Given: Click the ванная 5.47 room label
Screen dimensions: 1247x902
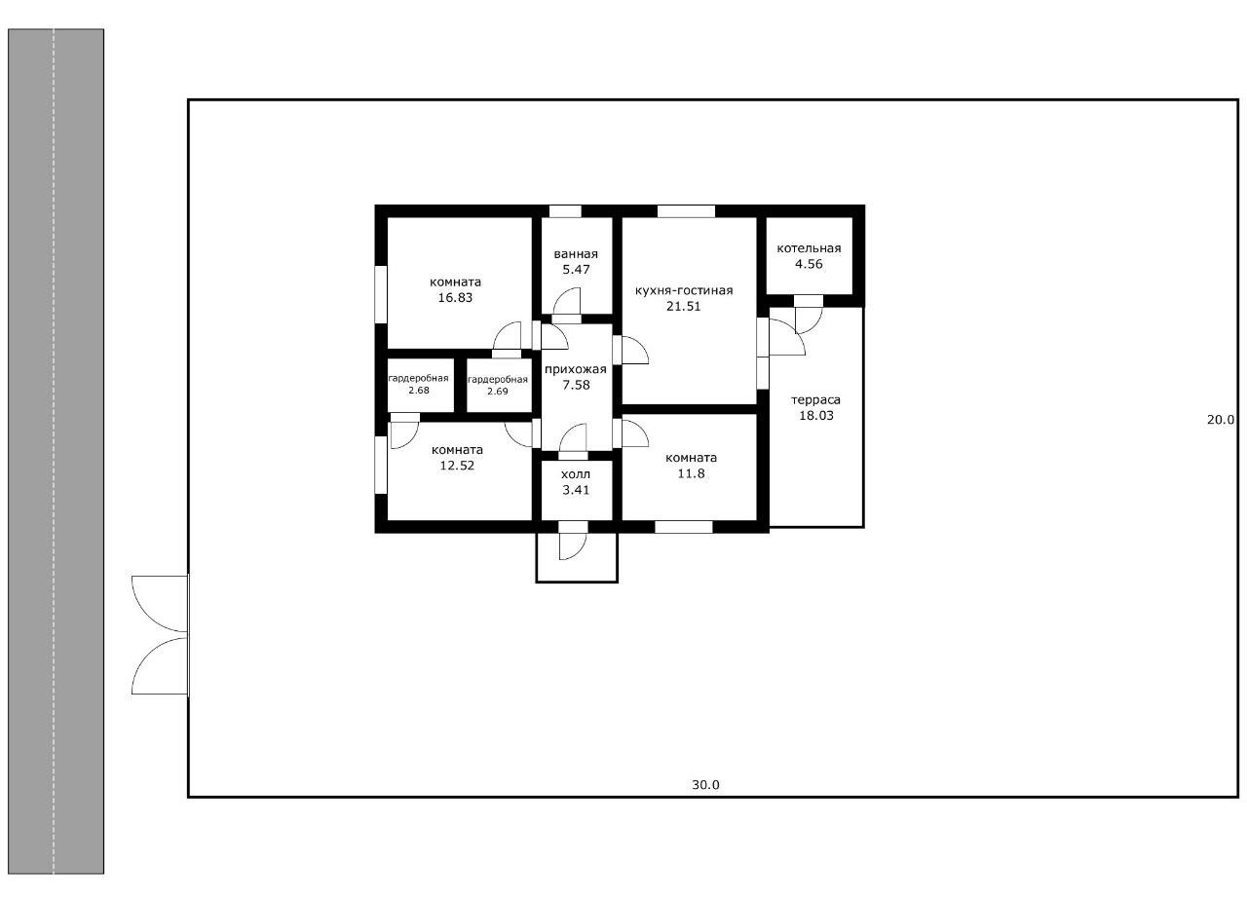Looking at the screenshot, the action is tap(576, 262).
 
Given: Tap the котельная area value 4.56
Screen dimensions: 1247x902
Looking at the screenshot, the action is tap(809, 264).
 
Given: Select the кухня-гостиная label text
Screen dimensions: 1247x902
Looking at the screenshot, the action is tap(684, 290).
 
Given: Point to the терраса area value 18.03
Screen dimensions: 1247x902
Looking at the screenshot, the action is tap(816, 415).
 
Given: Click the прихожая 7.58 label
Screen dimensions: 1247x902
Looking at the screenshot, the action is tap(576, 377).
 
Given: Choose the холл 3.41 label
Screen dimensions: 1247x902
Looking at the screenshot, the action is tap(576, 482).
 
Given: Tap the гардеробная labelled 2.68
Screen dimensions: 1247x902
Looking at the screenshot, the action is tap(419, 384).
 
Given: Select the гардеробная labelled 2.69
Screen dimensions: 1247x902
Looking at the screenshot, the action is tap(498, 386).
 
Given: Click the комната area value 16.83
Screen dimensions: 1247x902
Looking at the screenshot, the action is tap(455, 297).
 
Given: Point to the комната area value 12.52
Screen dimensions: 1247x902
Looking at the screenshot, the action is tap(457, 466).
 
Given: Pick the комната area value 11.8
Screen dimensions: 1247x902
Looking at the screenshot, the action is tap(691, 473).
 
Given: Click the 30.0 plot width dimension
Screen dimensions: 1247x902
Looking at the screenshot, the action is tap(705, 785).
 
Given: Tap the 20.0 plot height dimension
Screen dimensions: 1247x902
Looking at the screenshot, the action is tap(1221, 420).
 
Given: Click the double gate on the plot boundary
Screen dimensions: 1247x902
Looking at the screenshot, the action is tap(161, 635).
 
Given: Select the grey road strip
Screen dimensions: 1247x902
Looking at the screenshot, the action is tap(56, 452).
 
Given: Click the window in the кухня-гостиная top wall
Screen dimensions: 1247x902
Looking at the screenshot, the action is tap(686, 211).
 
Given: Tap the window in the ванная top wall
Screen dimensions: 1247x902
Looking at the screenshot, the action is tap(565, 211).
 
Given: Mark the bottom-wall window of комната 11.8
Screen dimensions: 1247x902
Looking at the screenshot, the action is tap(684, 527).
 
